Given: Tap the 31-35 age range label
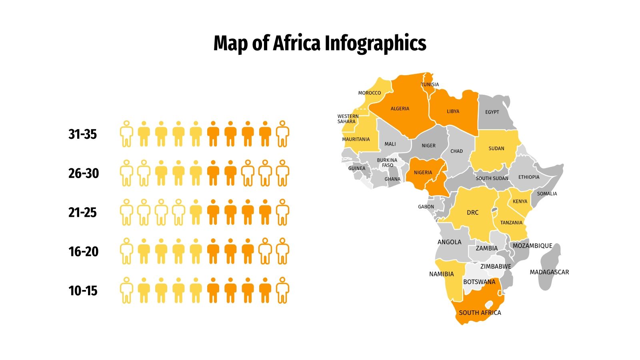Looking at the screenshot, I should pos(82,134).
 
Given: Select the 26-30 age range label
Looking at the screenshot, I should pos(83,173).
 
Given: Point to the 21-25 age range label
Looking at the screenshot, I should pos(82,212).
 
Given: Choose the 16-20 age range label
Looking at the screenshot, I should pos(83,252).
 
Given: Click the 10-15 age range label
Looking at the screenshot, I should pos(83,291).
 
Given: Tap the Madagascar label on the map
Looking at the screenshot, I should pos(549,272).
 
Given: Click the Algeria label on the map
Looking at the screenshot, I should pos(400,108).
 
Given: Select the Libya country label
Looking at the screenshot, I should pos(453,111).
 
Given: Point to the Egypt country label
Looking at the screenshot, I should pos(492,112).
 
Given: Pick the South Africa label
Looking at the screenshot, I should pos(480,313).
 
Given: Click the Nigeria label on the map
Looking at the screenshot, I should pos(423,172).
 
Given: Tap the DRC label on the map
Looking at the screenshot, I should pos(472,212).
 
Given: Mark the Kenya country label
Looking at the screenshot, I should pos(520,201).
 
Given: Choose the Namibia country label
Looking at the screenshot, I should pos(442,274).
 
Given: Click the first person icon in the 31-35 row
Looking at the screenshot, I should pos(126,134).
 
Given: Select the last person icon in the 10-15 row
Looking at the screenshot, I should pos(282,290).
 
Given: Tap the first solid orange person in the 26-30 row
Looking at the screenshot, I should pos(213,173).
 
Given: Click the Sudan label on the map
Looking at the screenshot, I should pos(496,148).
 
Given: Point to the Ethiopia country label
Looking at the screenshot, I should pos(529,177).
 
